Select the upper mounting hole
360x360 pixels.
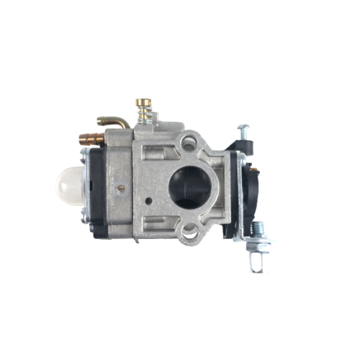coord(190,140)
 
